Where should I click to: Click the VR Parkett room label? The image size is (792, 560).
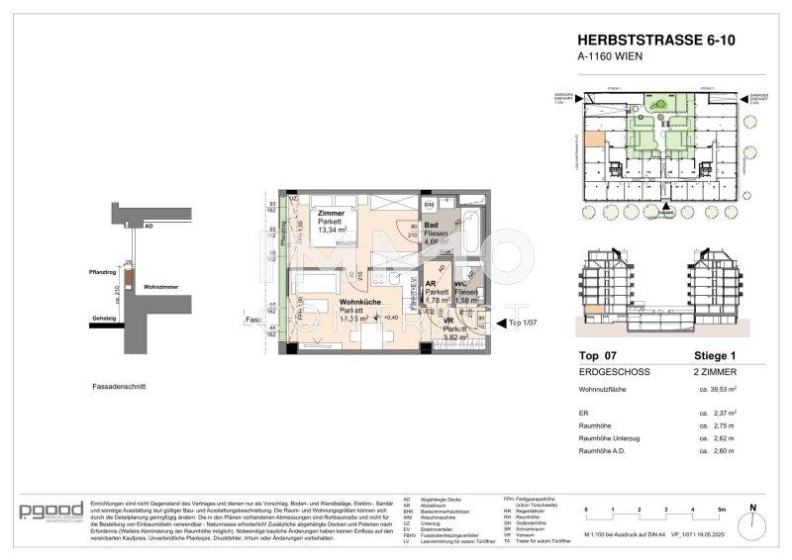pos(448,329)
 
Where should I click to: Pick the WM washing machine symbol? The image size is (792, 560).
pos(430,205)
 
